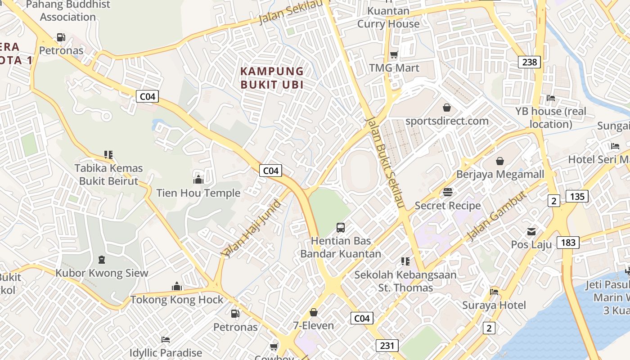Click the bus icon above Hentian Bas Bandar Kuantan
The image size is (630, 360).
coord(341,228)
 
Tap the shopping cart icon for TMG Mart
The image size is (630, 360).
coord(394,55)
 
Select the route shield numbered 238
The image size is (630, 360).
coord(529,62)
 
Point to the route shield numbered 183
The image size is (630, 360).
coord(568,243)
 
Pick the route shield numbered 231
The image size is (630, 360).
coord(387,346)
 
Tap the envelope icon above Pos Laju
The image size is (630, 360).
coord(531,232)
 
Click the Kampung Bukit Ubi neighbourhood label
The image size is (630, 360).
coord(272,78)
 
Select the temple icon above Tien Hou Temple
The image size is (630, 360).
coord(198,180)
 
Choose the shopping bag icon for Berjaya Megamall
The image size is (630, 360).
coord(500,161)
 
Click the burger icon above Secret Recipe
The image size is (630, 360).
coord(448,192)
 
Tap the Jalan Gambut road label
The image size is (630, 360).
coord(496,216)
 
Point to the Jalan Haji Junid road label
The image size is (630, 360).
coord(252,229)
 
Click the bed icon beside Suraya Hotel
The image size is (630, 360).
coord(494,292)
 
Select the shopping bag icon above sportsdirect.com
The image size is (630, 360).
coord(447,108)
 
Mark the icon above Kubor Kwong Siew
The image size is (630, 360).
coord(101,260)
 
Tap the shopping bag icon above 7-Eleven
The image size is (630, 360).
coord(314,312)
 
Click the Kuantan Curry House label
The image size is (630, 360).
coord(388,17)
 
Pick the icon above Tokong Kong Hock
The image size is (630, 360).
coord(177,286)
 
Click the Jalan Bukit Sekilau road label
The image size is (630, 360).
coord(386,163)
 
